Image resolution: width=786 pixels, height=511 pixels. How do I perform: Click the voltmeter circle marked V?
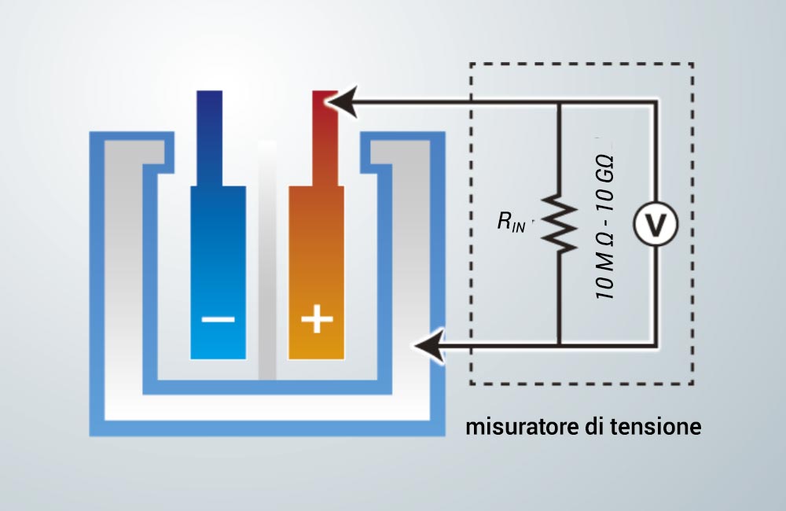(x=656, y=223)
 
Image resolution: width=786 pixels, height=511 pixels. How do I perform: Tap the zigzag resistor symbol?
(x=560, y=222)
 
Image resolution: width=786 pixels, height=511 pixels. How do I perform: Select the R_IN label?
(x=512, y=222)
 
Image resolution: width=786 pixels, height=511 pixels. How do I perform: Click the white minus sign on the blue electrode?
(x=218, y=319)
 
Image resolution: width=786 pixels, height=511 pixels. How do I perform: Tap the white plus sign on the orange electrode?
(x=316, y=318)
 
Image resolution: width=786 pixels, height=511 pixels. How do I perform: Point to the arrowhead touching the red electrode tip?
(x=342, y=101)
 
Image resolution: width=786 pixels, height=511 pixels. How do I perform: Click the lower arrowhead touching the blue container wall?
(x=429, y=345)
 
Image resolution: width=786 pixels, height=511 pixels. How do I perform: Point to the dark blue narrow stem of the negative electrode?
(x=210, y=138)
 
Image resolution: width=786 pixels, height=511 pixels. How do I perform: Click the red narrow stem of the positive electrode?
(x=325, y=138)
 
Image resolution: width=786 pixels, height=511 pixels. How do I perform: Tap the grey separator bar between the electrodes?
(x=267, y=261)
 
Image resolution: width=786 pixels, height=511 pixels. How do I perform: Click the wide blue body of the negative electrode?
(x=218, y=273)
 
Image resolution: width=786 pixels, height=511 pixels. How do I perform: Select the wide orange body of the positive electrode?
(x=316, y=273)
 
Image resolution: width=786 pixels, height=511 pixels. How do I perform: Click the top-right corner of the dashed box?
(x=693, y=64)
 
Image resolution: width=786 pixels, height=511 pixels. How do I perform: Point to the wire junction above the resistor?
(x=560, y=102)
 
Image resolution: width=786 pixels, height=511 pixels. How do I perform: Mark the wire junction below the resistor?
(x=560, y=345)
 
